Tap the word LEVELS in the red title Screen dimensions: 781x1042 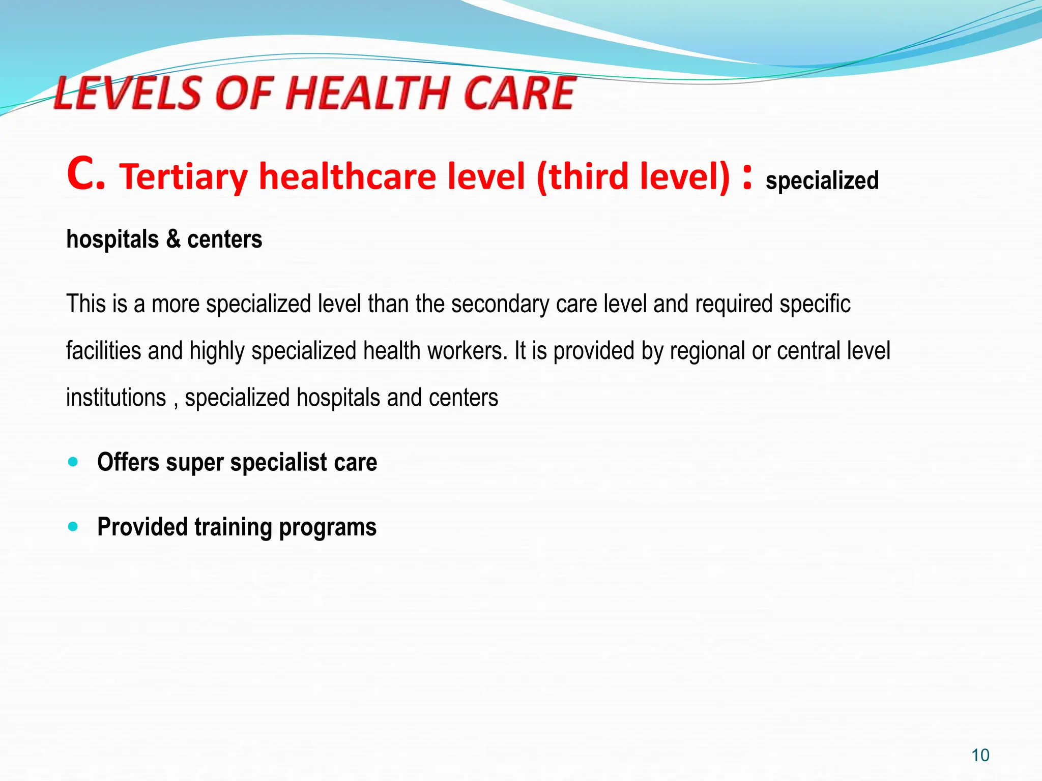click(x=128, y=93)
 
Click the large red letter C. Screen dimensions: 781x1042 click(x=85, y=174)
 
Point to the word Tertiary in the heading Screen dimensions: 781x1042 click(x=184, y=176)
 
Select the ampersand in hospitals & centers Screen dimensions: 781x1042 click(x=173, y=239)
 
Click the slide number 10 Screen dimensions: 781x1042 click(x=980, y=755)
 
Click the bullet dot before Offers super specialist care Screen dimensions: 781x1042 click(x=73, y=462)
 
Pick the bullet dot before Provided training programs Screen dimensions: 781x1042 click(x=73, y=526)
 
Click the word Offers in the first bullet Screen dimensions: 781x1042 click(x=128, y=462)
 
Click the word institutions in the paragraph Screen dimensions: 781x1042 click(x=116, y=397)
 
